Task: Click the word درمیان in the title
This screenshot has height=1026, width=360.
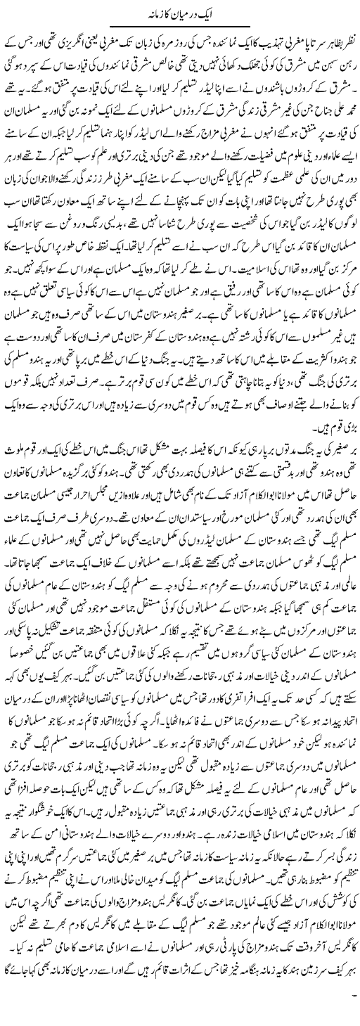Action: pos(189,13)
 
